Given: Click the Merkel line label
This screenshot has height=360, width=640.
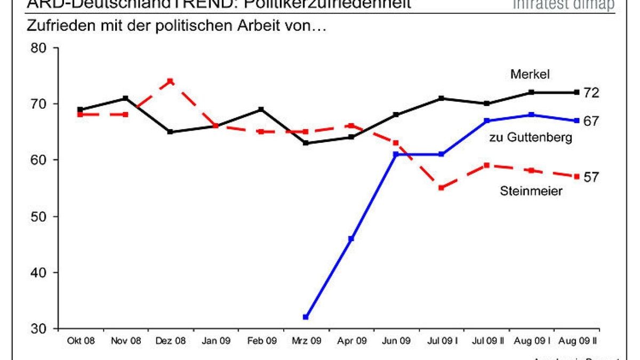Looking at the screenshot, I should (x=530, y=75).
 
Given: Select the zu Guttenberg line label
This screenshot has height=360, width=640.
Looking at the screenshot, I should (x=530, y=138).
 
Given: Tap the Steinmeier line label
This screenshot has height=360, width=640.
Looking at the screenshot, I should (x=531, y=190).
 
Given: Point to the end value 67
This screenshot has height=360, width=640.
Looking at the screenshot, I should (x=590, y=121).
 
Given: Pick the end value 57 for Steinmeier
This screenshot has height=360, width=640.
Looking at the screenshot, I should (x=590, y=177).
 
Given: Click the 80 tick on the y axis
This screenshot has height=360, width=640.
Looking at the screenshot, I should (x=38, y=48).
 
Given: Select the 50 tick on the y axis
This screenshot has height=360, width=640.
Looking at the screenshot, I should (x=38, y=217).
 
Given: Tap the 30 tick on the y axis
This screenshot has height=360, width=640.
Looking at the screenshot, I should (x=38, y=329).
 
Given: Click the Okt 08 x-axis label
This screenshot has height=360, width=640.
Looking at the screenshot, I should (x=81, y=340).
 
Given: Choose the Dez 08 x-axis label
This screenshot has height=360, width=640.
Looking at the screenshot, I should (x=171, y=340).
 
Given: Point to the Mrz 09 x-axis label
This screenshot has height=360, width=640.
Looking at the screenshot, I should (x=306, y=340).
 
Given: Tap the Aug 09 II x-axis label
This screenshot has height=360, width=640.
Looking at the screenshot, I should (x=577, y=340).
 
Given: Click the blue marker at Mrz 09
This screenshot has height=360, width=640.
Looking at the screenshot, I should (x=306, y=317).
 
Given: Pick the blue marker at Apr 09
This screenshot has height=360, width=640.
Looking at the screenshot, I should (x=351, y=238).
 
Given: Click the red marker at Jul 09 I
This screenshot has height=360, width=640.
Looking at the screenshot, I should (x=441, y=188).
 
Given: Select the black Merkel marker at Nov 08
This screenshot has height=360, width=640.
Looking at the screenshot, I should (x=125, y=98).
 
